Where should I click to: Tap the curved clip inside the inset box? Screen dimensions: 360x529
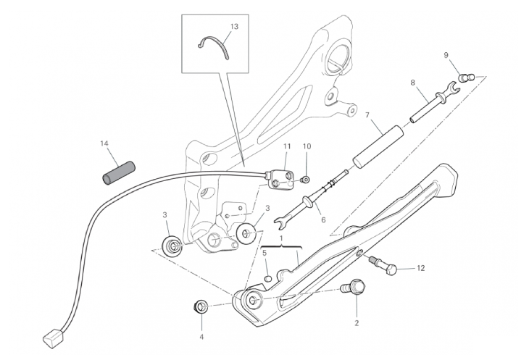(x=215, y=46)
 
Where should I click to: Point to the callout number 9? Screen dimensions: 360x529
(x=446, y=55)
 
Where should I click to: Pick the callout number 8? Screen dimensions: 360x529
(x=413, y=83)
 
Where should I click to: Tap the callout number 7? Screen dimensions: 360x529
(x=367, y=115)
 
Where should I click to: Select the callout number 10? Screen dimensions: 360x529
(x=307, y=146)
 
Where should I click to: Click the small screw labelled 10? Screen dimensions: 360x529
(x=305, y=178)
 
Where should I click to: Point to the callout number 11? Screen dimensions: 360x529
(x=287, y=146)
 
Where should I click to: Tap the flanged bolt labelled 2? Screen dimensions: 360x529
(x=353, y=288)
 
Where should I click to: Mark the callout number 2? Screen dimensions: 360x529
(x=356, y=322)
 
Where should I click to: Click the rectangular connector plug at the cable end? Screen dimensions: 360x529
(x=51, y=336)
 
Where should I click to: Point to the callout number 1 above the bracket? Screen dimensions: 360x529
(x=281, y=238)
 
